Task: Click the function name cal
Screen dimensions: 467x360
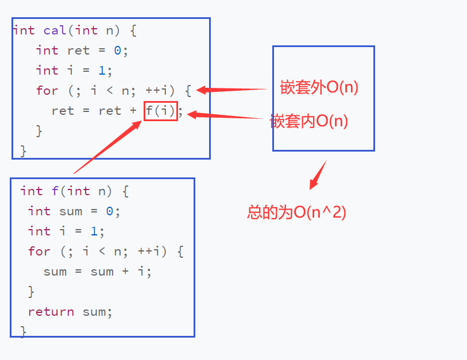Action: coord(55,30)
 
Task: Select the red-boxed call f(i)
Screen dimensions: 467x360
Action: coord(161,111)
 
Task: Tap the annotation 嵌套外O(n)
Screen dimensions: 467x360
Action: coord(319,87)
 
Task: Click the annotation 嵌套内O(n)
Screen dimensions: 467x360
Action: coord(309,121)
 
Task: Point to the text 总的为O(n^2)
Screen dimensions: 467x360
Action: coord(296,212)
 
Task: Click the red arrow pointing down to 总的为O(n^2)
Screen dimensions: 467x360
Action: coord(318,175)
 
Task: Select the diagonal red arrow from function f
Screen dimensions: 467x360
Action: coord(108,147)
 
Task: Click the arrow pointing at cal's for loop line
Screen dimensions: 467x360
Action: coord(232,90)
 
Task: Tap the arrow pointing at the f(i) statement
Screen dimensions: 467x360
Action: coord(226,115)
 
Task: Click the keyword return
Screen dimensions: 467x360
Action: coord(51,312)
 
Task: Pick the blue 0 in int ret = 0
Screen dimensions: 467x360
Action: coord(117,51)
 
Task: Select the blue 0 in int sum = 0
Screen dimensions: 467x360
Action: coord(110,211)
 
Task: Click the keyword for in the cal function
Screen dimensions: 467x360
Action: coord(47,91)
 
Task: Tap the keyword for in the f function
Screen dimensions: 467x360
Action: coord(39,251)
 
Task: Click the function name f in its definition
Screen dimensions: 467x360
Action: coord(55,191)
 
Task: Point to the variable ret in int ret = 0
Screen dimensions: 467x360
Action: coord(78,51)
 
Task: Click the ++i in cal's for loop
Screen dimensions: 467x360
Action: coord(157,91)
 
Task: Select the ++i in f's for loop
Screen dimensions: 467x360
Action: coord(149,251)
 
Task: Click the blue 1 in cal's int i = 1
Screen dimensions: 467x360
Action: coord(102,71)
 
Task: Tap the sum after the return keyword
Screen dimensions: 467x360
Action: coord(94,312)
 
